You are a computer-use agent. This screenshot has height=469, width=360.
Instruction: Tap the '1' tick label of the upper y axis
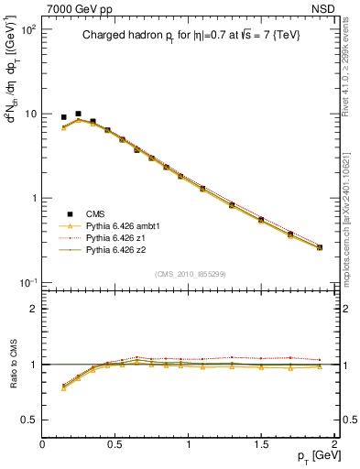[x=31, y=199]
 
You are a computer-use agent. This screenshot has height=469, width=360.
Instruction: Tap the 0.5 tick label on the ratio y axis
[x=27, y=420]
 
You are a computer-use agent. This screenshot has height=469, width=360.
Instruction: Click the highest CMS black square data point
[x=78, y=114]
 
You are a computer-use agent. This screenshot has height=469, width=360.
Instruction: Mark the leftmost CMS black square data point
[x=63, y=117]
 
